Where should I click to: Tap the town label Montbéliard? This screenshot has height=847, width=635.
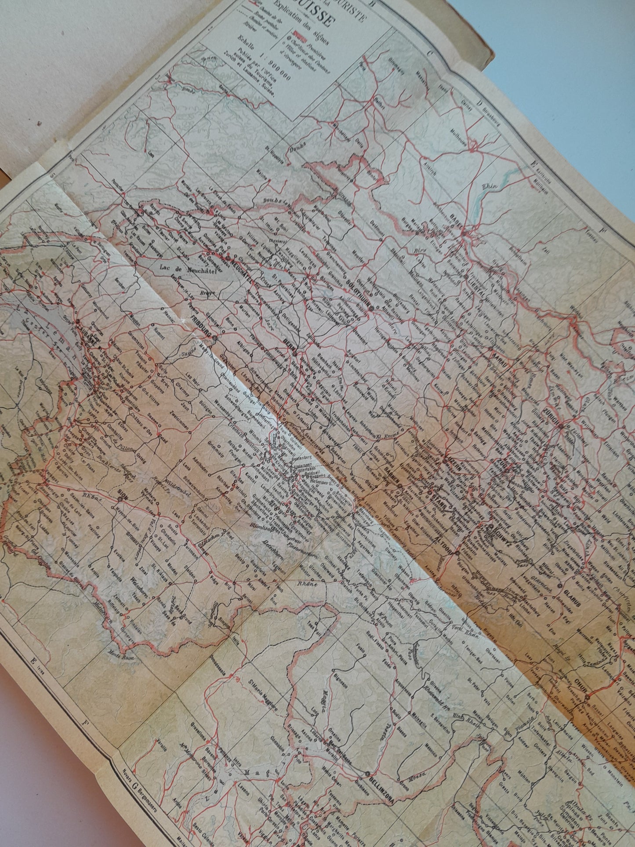[332, 129]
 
